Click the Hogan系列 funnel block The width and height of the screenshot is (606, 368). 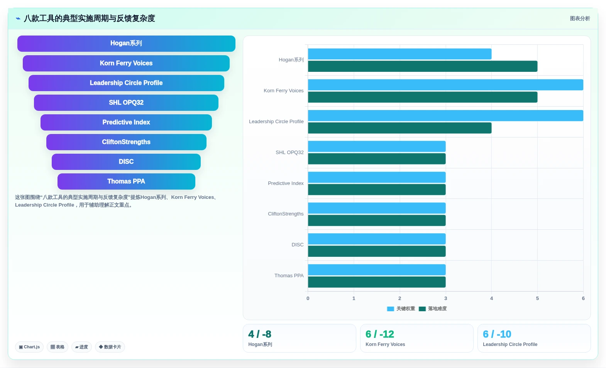click(x=126, y=43)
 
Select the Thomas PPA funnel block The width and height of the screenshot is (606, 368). click(x=126, y=181)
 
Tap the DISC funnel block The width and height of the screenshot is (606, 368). click(x=126, y=161)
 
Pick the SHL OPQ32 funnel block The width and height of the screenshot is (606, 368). click(x=126, y=103)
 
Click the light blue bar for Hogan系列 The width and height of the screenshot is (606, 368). click(x=399, y=54)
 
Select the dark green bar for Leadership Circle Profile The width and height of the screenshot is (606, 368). click(x=399, y=128)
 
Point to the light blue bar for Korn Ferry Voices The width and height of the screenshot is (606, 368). click(x=445, y=85)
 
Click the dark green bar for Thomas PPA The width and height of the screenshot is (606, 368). click(x=377, y=282)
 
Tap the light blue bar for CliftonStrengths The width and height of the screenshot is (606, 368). click(x=377, y=208)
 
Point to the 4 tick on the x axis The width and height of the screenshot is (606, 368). click(x=492, y=298)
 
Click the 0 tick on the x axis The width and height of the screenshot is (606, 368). click(x=308, y=298)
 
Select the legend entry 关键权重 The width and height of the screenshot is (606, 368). click(x=401, y=309)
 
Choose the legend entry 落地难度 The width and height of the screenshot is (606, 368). click(x=433, y=309)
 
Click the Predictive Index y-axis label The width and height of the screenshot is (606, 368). click(x=286, y=183)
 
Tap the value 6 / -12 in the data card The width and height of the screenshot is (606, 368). click(x=379, y=334)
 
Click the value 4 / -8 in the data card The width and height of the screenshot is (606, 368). click(x=260, y=334)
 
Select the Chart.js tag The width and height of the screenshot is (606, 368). click(x=29, y=347)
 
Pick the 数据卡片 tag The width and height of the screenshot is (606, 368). click(x=110, y=347)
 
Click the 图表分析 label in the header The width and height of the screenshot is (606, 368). click(x=580, y=19)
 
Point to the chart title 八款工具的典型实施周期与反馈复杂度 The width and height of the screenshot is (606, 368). click(x=89, y=19)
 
